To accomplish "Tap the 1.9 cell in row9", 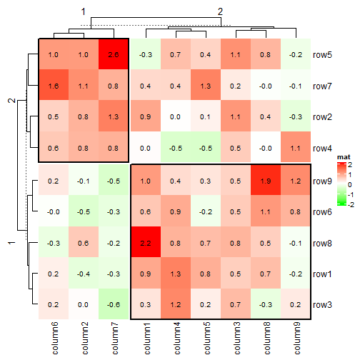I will click(x=266, y=181).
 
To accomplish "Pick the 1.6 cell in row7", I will click(x=53, y=86).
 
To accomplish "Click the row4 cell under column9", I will click(x=296, y=148).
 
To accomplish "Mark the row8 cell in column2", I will click(x=83, y=244).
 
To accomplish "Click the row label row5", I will click(x=324, y=54).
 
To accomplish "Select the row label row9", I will click(x=324, y=181).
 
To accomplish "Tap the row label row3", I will click(x=324, y=305).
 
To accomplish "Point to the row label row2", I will click(x=324, y=117).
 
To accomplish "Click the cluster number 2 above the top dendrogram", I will click(x=220, y=11).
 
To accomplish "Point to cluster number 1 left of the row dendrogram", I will click(x=11, y=244).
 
